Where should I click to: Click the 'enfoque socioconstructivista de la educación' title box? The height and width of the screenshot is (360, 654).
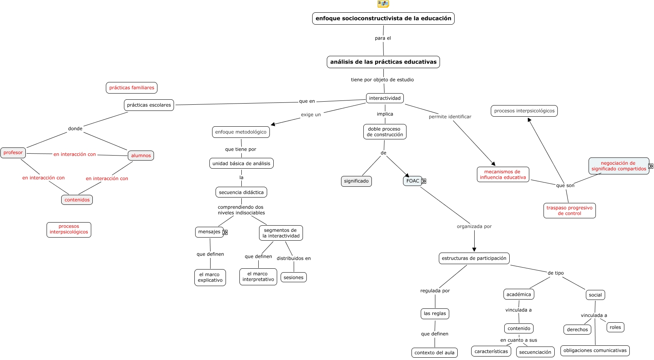click(383, 18)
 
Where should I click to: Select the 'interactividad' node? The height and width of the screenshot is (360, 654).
click(385, 98)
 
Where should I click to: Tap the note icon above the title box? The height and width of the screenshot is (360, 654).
click(383, 4)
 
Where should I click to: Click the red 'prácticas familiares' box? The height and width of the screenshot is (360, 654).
click(132, 88)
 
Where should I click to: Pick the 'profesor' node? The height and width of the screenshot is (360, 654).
click(13, 153)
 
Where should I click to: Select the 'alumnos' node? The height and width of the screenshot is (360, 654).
click(141, 156)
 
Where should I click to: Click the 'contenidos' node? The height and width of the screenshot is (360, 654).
click(77, 200)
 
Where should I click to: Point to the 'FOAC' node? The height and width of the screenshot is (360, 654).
click(412, 181)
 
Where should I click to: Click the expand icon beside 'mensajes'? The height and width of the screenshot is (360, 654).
click(225, 232)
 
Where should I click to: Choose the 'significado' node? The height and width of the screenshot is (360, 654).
click(356, 181)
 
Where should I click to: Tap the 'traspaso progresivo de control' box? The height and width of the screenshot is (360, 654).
click(569, 211)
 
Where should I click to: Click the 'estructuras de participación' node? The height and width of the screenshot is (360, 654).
click(474, 258)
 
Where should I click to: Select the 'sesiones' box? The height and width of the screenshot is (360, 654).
click(293, 278)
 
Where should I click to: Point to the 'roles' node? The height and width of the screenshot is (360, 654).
click(615, 327)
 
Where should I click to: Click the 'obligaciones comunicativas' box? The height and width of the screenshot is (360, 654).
click(595, 350)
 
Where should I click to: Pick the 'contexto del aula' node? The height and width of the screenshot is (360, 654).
click(434, 353)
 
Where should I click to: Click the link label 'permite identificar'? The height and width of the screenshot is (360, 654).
click(450, 117)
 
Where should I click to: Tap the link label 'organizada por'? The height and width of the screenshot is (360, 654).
click(474, 226)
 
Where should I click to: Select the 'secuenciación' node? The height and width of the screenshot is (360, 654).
click(535, 352)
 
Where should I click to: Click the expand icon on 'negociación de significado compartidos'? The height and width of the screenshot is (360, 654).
click(651, 166)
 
